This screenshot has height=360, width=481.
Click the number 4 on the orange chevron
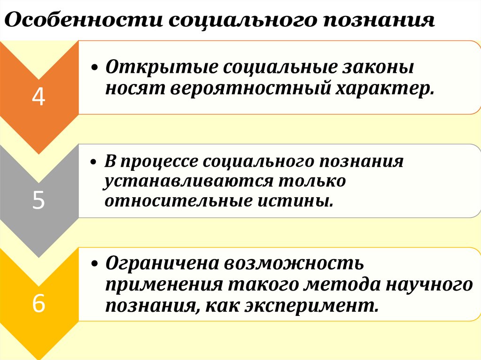pyautogui.click(x=39, y=97)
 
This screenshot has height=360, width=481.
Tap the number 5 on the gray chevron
pyautogui.click(x=39, y=201)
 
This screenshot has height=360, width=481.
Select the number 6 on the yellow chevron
pyautogui.click(x=39, y=304)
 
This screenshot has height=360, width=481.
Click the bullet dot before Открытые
pyautogui.click(x=95, y=68)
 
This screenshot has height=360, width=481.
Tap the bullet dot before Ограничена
pyautogui.click(x=95, y=264)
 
